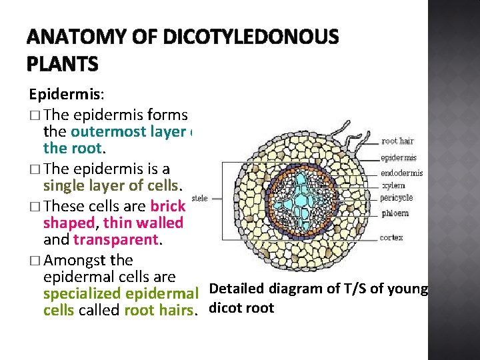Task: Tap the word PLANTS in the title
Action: [x=63, y=64]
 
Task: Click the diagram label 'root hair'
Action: [x=397, y=141]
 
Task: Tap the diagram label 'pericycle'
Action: [x=397, y=197]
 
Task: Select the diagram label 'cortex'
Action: [x=391, y=237]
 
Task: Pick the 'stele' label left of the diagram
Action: [x=199, y=198]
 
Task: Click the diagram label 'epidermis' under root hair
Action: [x=399, y=158]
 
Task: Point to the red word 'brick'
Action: [x=169, y=207]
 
